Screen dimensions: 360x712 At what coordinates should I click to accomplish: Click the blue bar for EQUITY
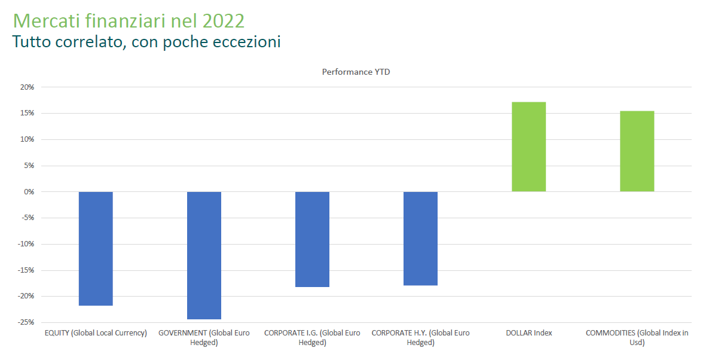click(96, 248)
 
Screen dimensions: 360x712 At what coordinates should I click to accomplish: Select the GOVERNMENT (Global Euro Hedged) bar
click(204, 255)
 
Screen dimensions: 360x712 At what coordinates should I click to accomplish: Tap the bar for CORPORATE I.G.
click(312, 239)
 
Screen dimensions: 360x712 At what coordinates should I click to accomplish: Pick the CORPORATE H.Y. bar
click(420, 239)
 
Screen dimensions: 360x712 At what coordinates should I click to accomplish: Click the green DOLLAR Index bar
click(528, 147)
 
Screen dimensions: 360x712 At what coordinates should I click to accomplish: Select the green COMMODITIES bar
click(637, 151)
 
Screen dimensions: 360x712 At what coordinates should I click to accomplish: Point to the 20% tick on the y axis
click(27, 87)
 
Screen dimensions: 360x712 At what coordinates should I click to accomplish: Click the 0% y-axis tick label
click(29, 192)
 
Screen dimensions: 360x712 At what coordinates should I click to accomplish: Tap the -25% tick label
click(26, 322)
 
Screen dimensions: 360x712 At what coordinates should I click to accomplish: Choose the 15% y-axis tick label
click(27, 114)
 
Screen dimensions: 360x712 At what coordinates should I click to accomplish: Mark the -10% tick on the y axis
click(26, 244)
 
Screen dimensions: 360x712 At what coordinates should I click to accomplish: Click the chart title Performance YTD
click(356, 72)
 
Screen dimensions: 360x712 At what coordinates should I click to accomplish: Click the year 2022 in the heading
click(223, 20)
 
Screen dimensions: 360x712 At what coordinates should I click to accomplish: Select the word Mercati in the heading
click(43, 20)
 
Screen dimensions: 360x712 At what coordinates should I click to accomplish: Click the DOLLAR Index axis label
click(528, 333)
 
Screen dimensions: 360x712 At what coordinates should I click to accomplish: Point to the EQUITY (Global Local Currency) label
click(96, 333)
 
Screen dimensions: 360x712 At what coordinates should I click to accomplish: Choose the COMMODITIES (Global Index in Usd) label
click(637, 337)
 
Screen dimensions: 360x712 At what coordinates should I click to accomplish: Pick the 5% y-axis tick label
click(29, 166)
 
